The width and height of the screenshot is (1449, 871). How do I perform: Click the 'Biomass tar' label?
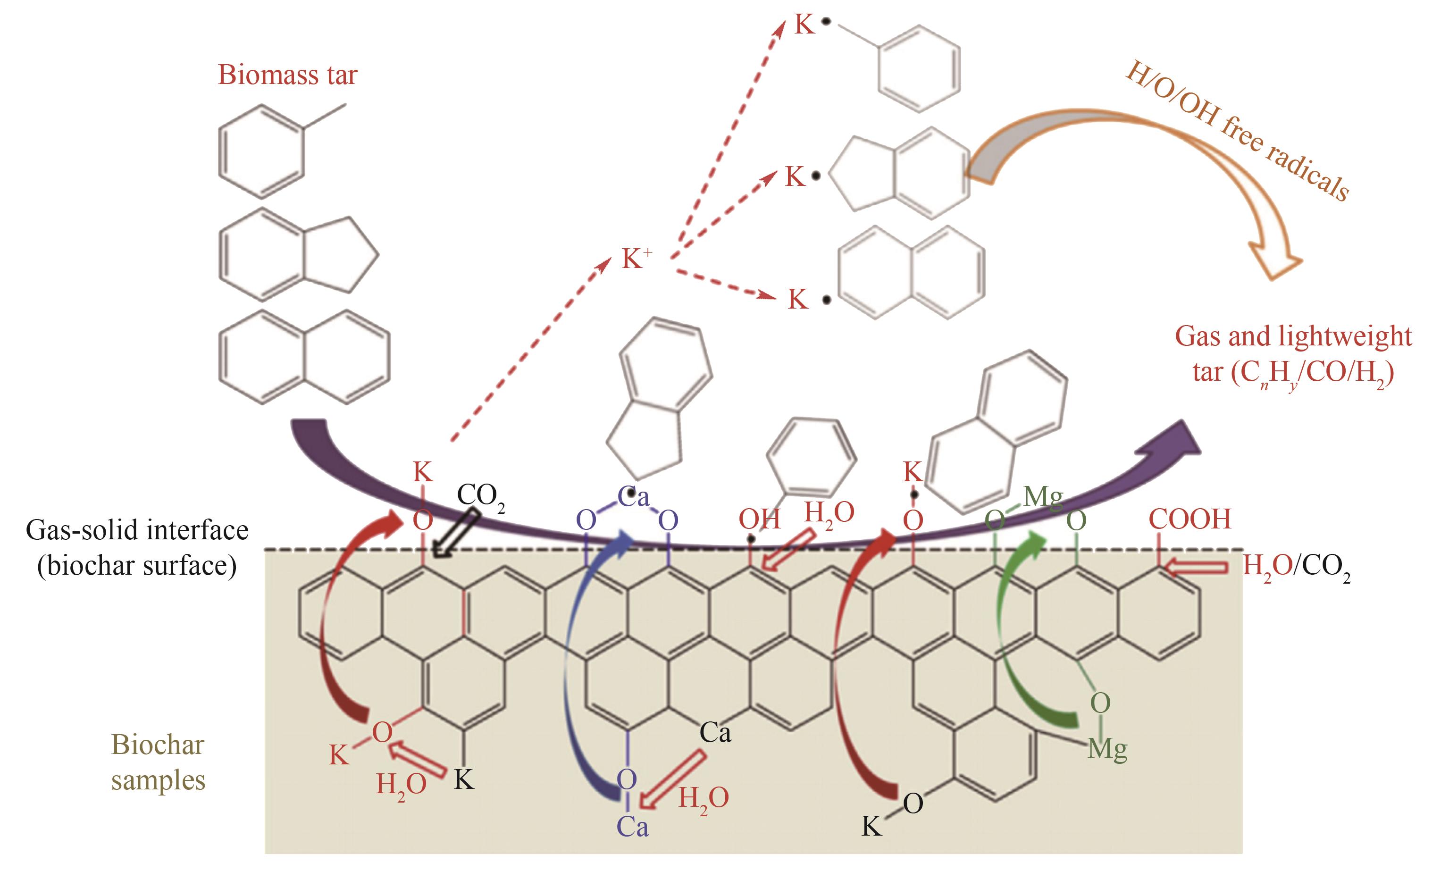[x=287, y=75]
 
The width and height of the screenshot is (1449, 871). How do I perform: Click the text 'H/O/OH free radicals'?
[x=1238, y=130]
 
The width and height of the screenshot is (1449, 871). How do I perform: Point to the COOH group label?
[x=1189, y=519]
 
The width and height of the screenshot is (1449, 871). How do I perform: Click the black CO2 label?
[x=480, y=496]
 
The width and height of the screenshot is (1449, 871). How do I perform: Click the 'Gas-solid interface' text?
[x=137, y=531]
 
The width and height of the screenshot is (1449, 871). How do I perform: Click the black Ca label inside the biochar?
[x=715, y=732]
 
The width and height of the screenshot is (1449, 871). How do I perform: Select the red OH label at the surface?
[x=759, y=519]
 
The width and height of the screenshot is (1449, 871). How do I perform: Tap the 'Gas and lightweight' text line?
[x=1293, y=336]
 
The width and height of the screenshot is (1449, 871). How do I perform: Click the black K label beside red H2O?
[x=464, y=780]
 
